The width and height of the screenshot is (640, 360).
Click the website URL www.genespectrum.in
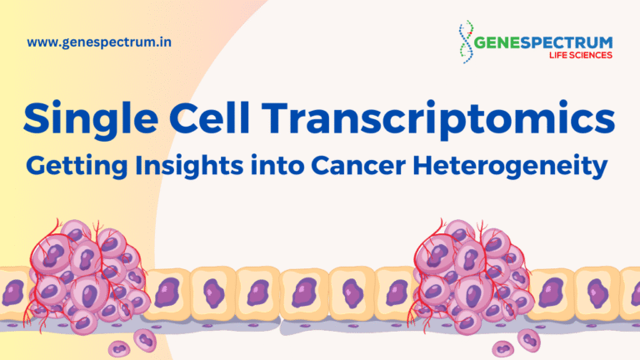pyautogui.click(x=99, y=42)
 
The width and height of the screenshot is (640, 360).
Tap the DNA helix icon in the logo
pyautogui.click(x=466, y=42)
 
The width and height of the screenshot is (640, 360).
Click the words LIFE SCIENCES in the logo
pyautogui.click(x=580, y=55)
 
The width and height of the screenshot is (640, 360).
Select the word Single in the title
pyautogui.click(x=91, y=120)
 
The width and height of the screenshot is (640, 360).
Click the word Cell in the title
pyautogui.click(x=210, y=117)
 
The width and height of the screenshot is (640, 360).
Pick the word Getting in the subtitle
pyautogui.click(x=77, y=167)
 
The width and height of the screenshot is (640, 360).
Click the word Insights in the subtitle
pyautogui.click(x=189, y=167)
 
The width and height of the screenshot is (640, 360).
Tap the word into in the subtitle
pyautogui.click(x=277, y=166)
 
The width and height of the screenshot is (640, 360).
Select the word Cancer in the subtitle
pyautogui.click(x=358, y=166)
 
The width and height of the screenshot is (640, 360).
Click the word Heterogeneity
pyautogui.click(x=510, y=167)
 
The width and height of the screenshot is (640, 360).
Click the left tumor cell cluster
pyautogui.click(x=87, y=277)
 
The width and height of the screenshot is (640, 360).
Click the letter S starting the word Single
pyautogui.click(x=38, y=117)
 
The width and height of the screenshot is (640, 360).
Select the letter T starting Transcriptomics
pyautogui.click(x=277, y=117)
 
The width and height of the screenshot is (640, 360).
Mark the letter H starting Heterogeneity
pyautogui.click(x=423, y=166)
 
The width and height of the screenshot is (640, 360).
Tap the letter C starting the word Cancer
pyautogui.click(x=321, y=166)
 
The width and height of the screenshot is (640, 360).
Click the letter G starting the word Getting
pyautogui.click(x=37, y=166)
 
